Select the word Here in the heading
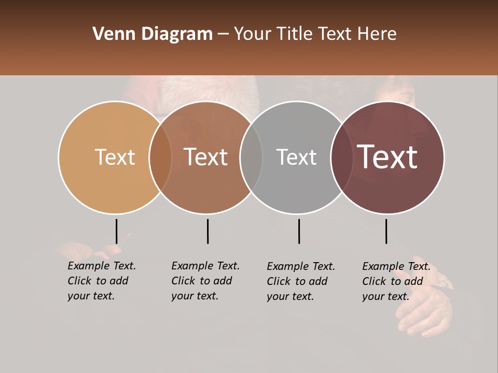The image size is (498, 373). pos(378,34)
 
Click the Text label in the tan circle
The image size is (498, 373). pos(115,157)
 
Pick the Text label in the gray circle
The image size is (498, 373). pos(296,157)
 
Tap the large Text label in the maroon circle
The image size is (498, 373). pos(387,157)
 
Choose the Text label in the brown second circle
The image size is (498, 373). pos(205,157)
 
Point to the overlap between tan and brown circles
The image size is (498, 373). pos(160,157)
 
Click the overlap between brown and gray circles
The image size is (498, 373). pos(251,157)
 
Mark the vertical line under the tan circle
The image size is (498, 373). pos(116,231)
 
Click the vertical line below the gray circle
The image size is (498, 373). pos(299,231)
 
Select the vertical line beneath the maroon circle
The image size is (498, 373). pos(386,231)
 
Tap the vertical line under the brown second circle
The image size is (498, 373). pos(208,231)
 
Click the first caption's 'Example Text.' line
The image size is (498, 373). pos(102,266)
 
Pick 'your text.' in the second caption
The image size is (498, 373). pos(195,296)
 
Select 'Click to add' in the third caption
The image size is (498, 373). pos(297,281)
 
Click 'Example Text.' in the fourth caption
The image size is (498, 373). pos(396,266)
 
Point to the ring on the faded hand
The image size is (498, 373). pos(444,283)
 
